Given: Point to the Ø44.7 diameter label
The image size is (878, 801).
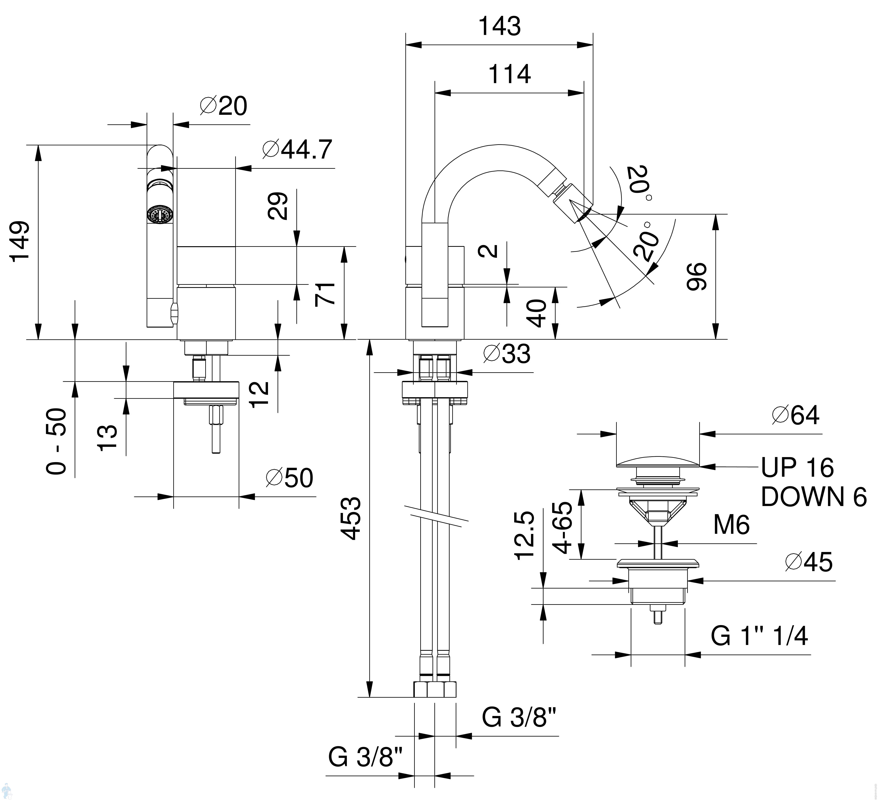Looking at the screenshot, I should click(297, 149).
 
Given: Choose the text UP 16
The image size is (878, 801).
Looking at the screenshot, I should click(797, 467).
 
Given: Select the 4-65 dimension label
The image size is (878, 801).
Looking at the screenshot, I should click(564, 527).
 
